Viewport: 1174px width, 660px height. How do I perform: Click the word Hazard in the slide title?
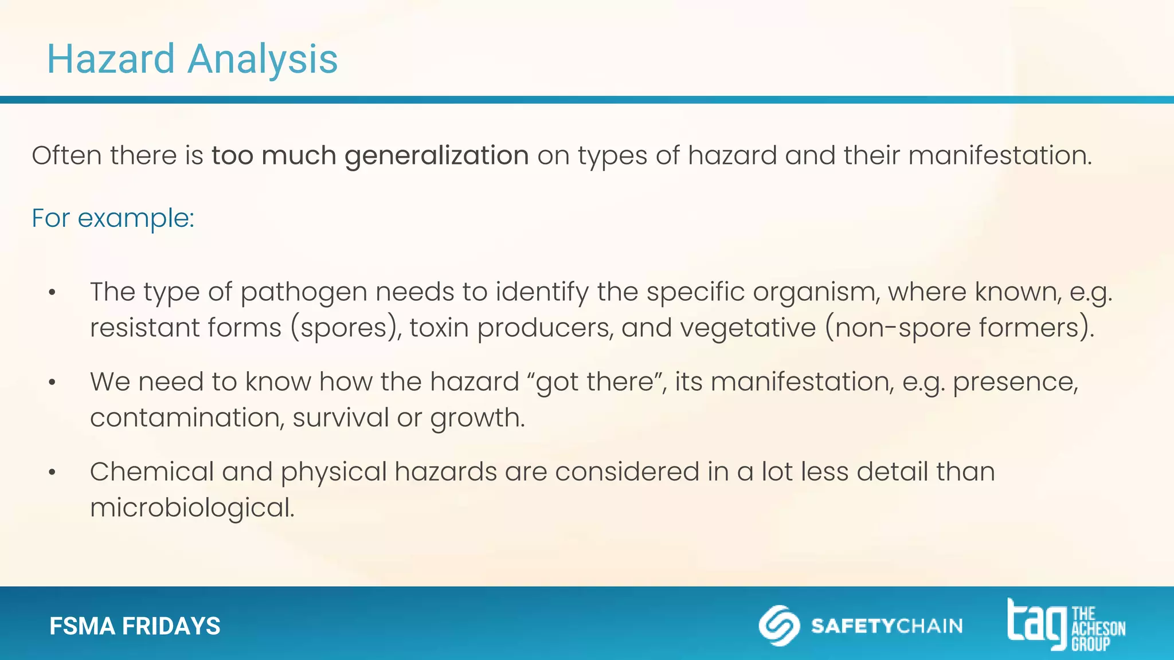pyautogui.click(x=111, y=59)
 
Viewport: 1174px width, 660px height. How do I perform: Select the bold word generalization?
pyautogui.click(x=436, y=156)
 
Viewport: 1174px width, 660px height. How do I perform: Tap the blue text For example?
pyautogui.click(x=113, y=218)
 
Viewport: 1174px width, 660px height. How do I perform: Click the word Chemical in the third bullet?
pyautogui.click(x=151, y=472)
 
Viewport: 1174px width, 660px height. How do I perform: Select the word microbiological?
pyautogui.click(x=192, y=508)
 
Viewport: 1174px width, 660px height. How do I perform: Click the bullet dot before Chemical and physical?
pyautogui.click(x=52, y=473)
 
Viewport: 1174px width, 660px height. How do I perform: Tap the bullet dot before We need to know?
pyautogui.click(x=52, y=383)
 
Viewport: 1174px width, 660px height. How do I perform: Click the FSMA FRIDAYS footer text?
pyautogui.click(x=135, y=626)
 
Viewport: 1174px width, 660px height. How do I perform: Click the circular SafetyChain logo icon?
pyautogui.click(x=779, y=625)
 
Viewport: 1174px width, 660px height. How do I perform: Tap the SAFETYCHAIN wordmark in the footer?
pyautogui.click(x=886, y=626)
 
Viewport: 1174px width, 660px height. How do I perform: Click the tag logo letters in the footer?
pyautogui.click(x=1036, y=623)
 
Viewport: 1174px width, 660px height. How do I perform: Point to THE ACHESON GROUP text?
pyautogui.click(x=1097, y=629)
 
